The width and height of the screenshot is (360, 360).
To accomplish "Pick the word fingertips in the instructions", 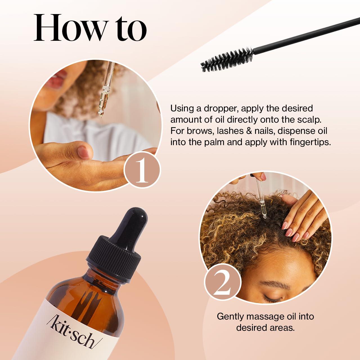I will (x=309, y=142).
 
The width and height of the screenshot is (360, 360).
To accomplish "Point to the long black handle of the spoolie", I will (x=307, y=35).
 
